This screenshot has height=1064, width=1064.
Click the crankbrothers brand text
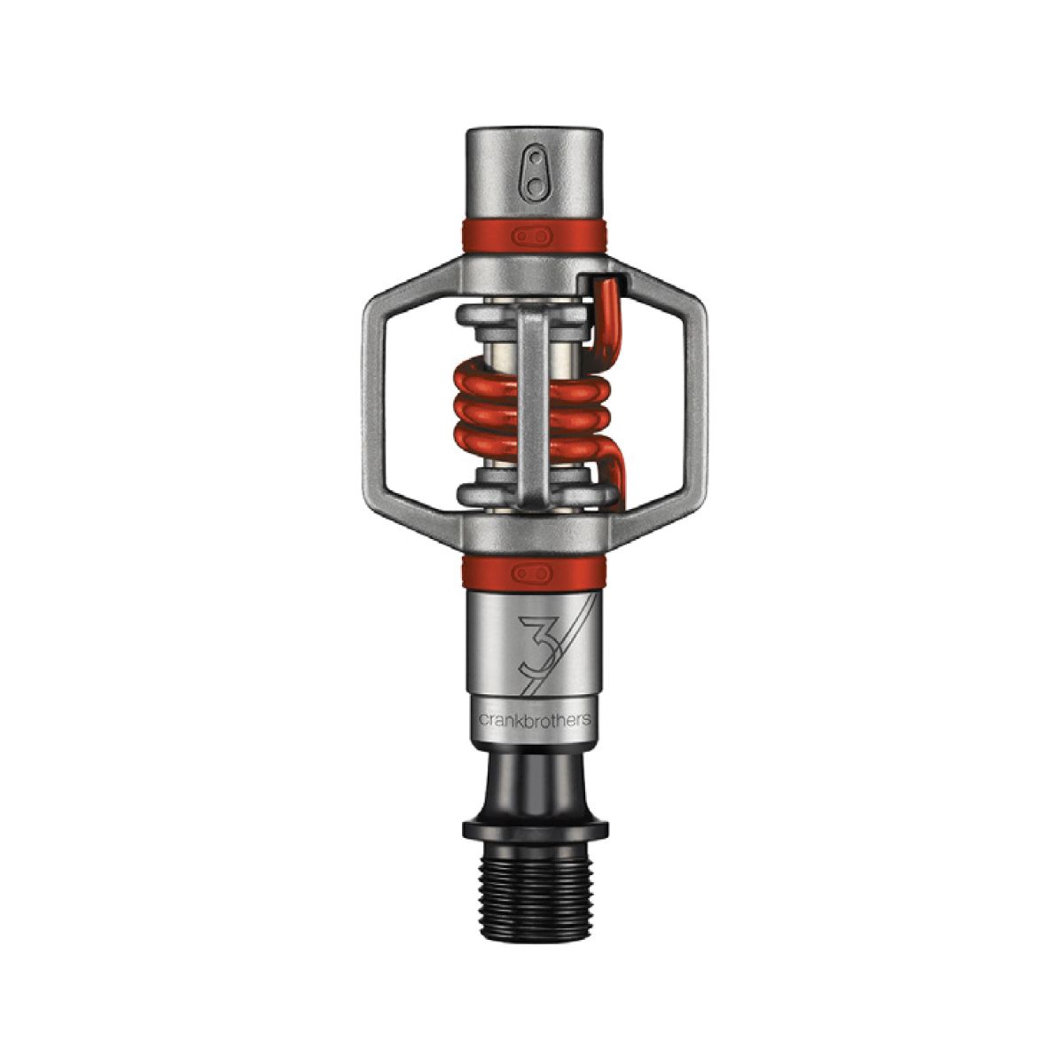(x=535, y=719)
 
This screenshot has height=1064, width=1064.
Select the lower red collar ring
(x=534, y=573)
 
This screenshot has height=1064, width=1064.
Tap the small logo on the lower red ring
(x=532, y=573)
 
